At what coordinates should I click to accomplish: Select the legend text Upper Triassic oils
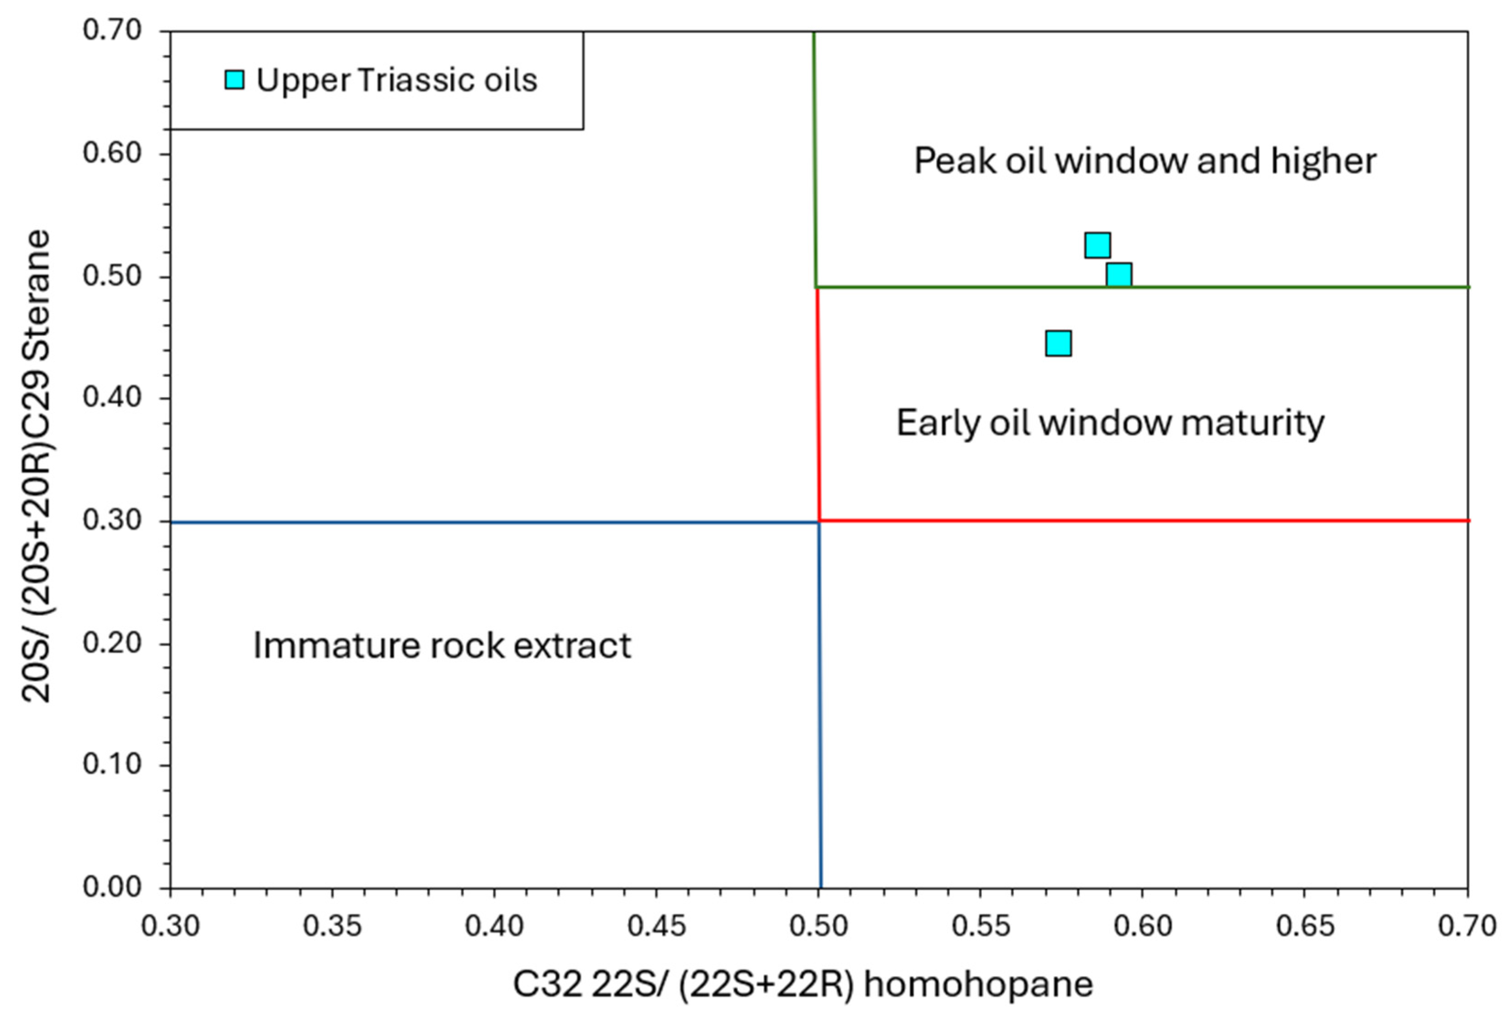[397, 80]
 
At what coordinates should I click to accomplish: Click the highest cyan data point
[1097, 245]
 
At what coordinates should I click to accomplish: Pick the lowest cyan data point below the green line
[1058, 343]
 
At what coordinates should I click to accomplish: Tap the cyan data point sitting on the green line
[1119, 275]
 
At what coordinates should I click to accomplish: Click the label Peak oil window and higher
[1145, 161]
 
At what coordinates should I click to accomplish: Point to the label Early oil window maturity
[1110, 423]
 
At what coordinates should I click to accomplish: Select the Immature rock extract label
[442, 646]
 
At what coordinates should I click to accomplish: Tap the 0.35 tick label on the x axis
[332, 926]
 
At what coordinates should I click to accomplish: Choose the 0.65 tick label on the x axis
[1305, 926]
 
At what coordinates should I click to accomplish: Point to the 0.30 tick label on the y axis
[111, 520]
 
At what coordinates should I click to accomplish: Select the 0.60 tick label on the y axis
[111, 153]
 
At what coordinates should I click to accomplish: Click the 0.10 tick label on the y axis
[111, 765]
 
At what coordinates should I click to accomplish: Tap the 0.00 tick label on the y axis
[111, 887]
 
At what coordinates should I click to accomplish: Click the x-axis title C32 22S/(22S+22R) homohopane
[802, 985]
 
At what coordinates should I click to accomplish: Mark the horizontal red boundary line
[1141, 520]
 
